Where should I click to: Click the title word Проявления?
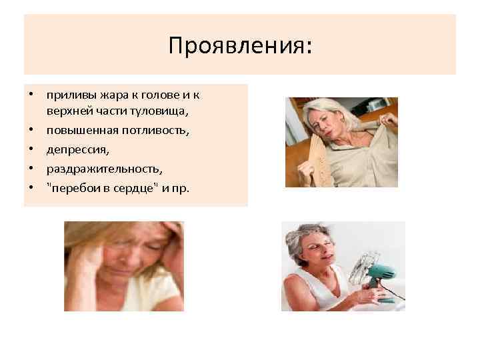[239, 46]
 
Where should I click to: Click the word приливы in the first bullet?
[67, 95]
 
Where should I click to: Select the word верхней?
[68, 111]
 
